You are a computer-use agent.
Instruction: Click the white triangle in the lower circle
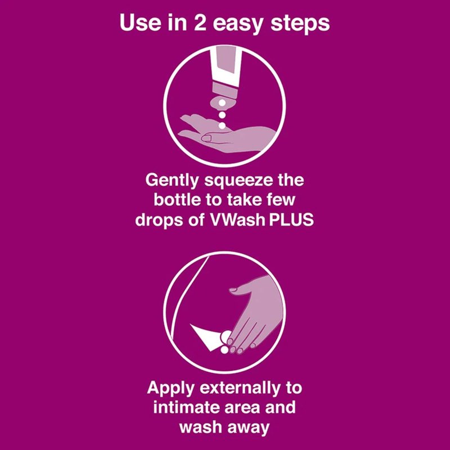[x=205, y=337]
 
